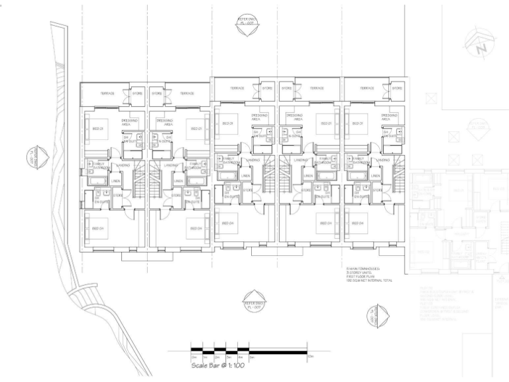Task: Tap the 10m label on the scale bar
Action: point(310,357)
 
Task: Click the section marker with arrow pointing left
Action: point(31,157)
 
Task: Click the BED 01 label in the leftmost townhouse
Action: point(97,128)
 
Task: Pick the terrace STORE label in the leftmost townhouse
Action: point(138,94)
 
